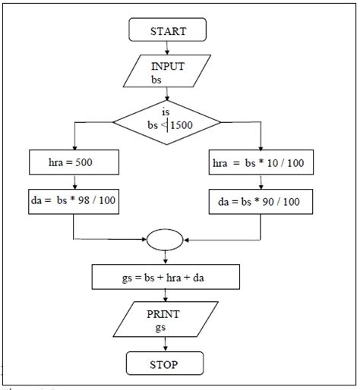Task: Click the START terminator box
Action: coord(168,31)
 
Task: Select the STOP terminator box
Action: coord(165,364)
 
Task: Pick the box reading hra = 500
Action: coord(74,162)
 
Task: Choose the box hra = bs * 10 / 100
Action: coord(261,162)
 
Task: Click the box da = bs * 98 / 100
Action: coord(74,200)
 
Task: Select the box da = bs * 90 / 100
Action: coord(261,203)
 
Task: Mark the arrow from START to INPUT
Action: coord(167,48)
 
